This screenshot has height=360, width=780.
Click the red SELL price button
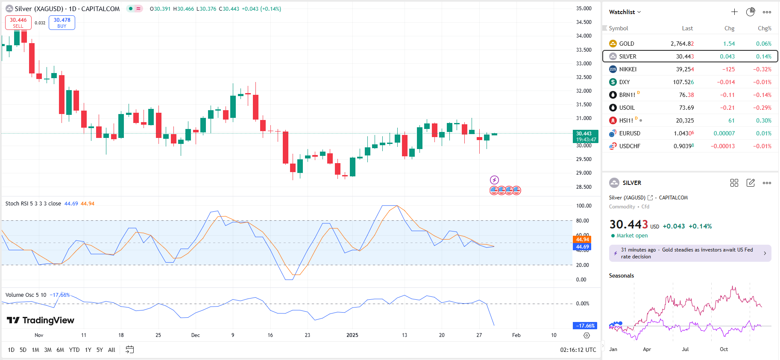(x=18, y=23)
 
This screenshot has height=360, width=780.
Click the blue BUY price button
(x=62, y=23)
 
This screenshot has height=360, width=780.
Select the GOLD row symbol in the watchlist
(x=626, y=44)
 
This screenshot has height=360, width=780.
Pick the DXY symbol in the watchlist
(x=624, y=82)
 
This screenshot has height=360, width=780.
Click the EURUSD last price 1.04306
(x=683, y=133)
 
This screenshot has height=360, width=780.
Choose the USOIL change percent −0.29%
(x=762, y=108)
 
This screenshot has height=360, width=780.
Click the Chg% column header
(x=764, y=28)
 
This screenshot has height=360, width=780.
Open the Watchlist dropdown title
(x=625, y=12)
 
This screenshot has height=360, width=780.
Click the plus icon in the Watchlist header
(x=734, y=12)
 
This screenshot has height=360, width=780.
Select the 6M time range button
(x=60, y=350)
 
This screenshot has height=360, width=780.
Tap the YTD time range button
(x=74, y=350)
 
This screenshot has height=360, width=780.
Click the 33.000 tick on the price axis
(x=584, y=63)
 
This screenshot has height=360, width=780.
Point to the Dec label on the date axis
(x=195, y=335)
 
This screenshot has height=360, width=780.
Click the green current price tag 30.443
(x=585, y=136)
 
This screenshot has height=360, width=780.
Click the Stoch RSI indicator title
(x=33, y=204)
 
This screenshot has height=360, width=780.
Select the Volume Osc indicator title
(x=26, y=295)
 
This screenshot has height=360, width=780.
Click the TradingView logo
(x=41, y=320)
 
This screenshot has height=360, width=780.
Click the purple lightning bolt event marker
(x=494, y=180)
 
